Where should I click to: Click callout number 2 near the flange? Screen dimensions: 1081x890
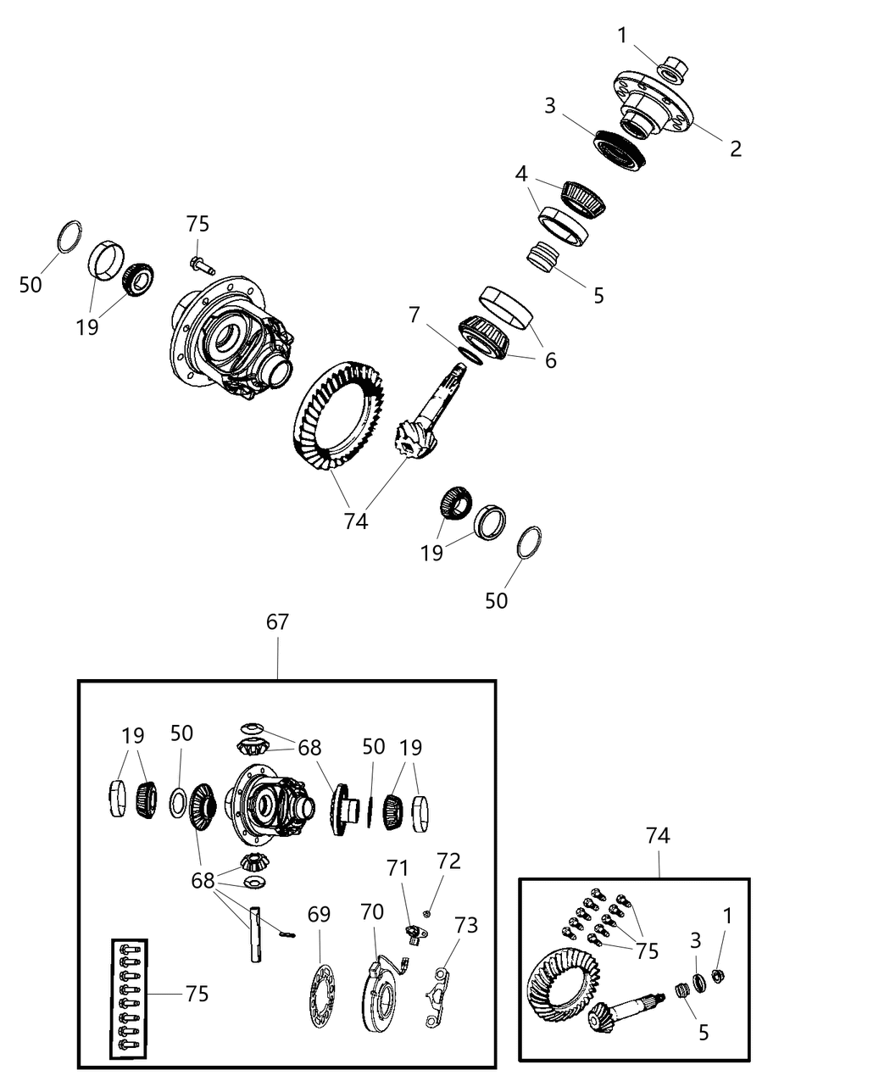coord(735,148)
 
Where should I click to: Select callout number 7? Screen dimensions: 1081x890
coord(414,315)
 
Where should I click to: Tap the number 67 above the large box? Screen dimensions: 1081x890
coord(277,622)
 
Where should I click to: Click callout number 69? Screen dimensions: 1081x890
coord(319,915)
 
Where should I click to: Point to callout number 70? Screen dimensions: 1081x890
coord(372,912)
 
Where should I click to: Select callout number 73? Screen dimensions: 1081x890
coord(466,924)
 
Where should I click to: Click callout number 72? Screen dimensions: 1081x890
coord(448,861)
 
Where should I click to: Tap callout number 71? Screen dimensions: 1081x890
coord(398,868)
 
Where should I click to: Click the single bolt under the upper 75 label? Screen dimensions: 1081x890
coord(200,265)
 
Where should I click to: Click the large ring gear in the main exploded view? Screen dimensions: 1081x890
coord(339,415)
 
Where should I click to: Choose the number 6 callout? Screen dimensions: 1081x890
coord(550,360)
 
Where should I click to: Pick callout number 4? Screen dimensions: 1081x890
coord(521,175)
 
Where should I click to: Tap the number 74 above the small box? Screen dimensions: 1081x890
coord(658,836)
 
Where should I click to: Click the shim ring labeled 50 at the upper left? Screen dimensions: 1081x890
coord(70,237)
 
